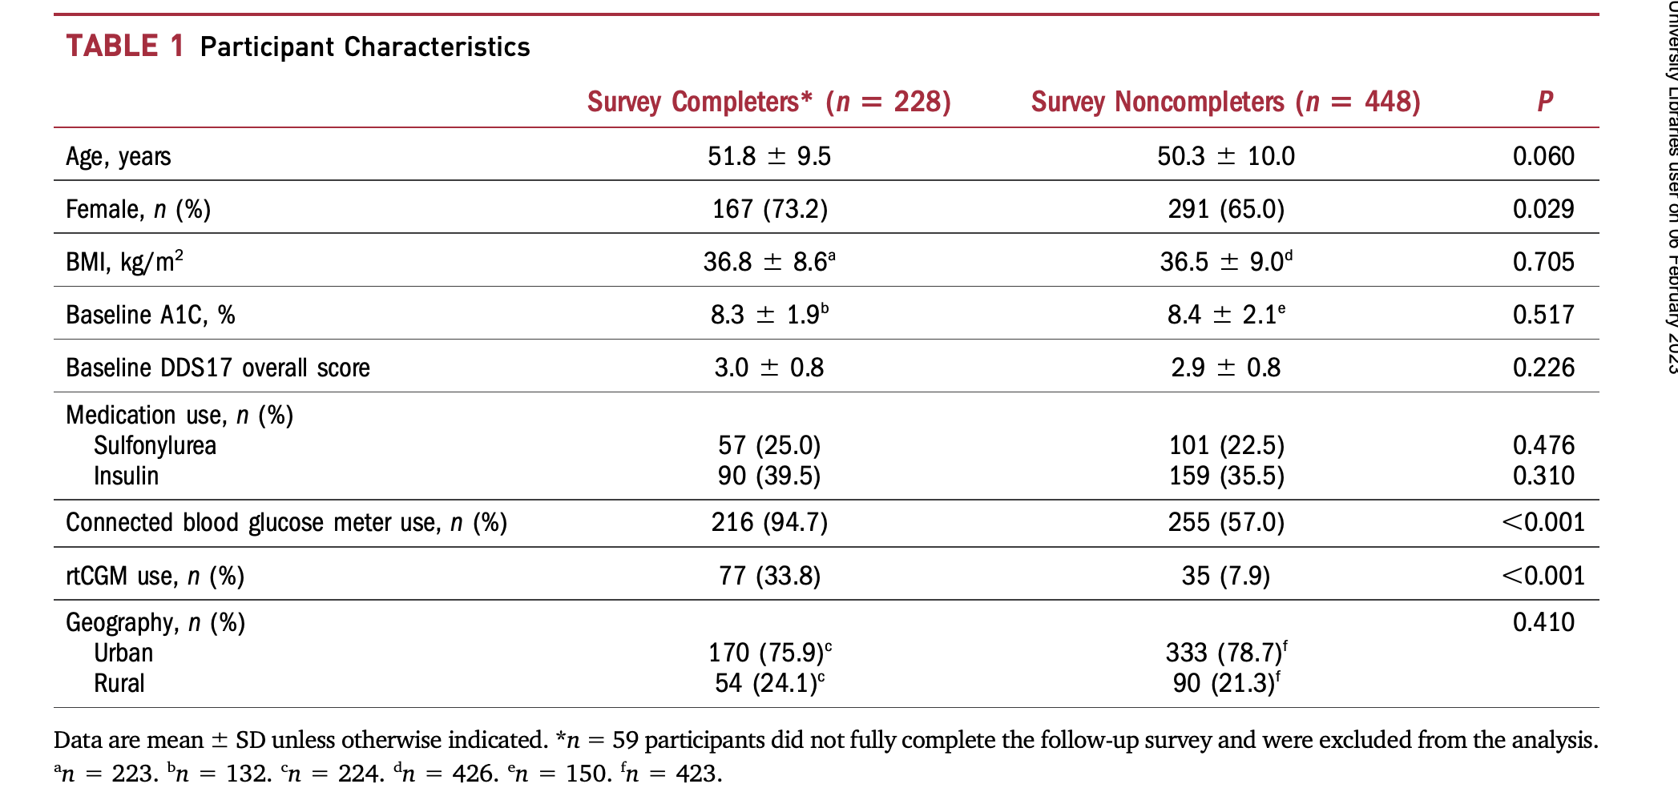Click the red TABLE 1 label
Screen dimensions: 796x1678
(x=125, y=46)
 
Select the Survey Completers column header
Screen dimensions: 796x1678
(x=768, y=102)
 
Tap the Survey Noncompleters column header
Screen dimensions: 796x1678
(x=1225, y=102)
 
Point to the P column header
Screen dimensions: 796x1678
(x=1544, y=102)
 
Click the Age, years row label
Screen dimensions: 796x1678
(x=118, y=156)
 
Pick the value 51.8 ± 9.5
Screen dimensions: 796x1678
(x=768, y=156)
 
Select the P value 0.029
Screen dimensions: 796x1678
(x=1543, y=209)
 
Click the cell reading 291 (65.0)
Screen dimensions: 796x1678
(x=1225, y=209)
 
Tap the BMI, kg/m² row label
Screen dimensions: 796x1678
(x=124, y=261)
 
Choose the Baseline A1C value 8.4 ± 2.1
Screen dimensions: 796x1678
(x=1225, y=315)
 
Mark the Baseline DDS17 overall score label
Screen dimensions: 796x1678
(x=217, y=368)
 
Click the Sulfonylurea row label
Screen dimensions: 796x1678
(x=155, y=445)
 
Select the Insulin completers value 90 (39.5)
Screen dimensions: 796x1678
(x=768, y=476)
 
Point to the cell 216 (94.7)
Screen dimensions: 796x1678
(x=768, y=522)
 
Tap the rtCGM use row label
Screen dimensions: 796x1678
(x=155, y=576)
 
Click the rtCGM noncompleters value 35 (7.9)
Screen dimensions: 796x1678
(x=1225, y=576)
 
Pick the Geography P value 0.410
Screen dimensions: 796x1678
(x=1543, y=622)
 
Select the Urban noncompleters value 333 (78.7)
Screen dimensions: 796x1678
(x=1225, y=653)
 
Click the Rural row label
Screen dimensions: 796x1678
(x=119, y=683)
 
